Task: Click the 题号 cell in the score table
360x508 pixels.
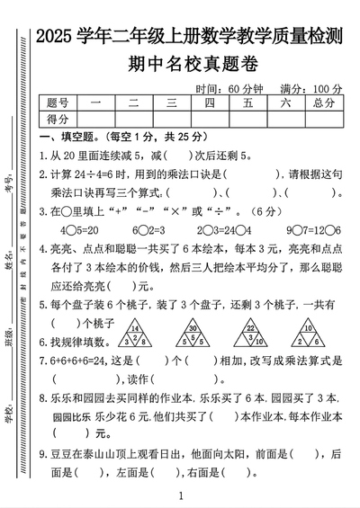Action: click(x=58, y=102)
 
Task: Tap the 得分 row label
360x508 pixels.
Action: click(x=58, y=118)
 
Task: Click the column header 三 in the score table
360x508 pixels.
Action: click(x=170, y=102)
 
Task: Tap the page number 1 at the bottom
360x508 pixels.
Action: click(x=181, y=495)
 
